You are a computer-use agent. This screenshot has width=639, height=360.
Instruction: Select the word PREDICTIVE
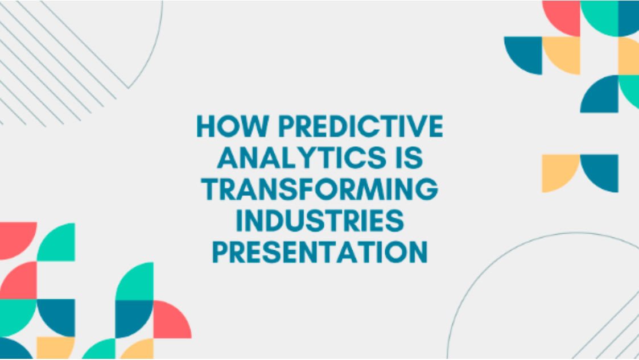361,126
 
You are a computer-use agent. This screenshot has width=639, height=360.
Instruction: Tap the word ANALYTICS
302,158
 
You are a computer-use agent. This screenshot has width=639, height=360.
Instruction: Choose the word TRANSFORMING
320,189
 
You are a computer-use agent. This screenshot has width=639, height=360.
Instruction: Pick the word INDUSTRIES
320,220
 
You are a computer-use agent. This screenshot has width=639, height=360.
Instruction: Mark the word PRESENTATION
320,252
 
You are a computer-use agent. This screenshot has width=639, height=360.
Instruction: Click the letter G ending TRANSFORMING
427,189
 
